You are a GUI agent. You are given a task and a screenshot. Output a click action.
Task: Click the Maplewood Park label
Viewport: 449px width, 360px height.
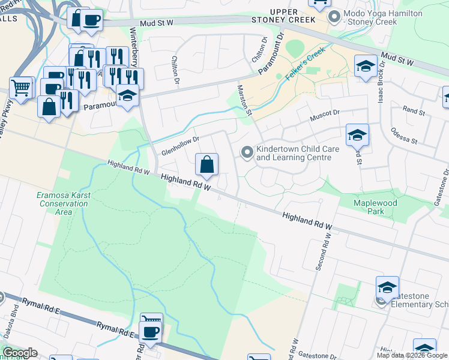[x=376, y=208]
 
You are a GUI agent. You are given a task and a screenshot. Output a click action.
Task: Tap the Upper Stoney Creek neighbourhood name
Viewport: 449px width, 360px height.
[x=292, y=16]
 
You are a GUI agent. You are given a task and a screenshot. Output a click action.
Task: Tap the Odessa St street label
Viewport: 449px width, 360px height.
[x=403, y=136]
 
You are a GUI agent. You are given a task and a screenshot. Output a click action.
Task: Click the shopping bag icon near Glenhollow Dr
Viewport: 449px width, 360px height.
[x=206, y=164]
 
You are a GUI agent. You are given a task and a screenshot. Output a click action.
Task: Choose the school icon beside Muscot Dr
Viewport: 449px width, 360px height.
[x=357, y=136]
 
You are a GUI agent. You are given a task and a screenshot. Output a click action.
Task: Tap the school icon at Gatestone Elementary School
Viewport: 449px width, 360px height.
[x=387, y=288]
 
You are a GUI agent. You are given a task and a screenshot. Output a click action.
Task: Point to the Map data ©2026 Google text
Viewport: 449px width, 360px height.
[x=412, y=355]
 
